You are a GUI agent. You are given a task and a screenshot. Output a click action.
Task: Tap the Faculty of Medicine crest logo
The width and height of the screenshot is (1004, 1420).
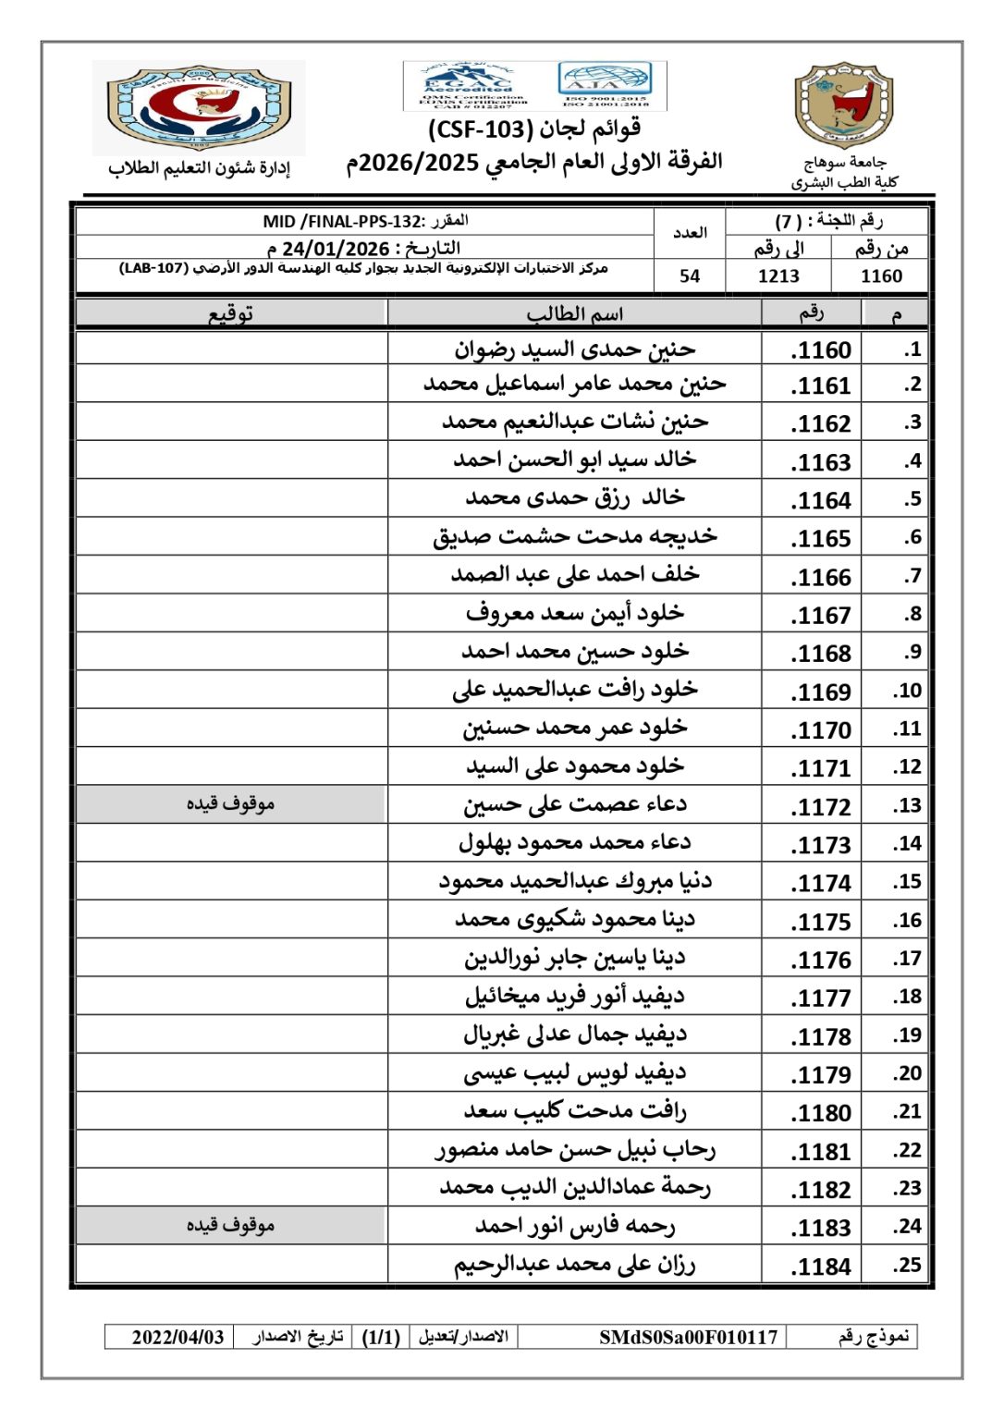[x=199, y=107]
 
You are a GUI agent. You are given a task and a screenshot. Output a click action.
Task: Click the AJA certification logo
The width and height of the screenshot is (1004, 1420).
[x=606, y=85]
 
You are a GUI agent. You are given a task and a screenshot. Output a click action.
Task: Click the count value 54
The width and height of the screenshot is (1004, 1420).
[x=690, y=276]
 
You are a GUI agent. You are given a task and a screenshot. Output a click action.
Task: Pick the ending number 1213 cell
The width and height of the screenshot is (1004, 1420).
[x=778, y=276]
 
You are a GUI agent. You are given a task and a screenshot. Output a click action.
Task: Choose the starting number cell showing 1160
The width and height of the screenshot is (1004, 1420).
[x=881, y=276]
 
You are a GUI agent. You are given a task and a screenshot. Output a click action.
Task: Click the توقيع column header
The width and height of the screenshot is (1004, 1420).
[x=230, y=314]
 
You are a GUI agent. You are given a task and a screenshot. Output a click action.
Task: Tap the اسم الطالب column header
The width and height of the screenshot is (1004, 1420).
[x=574, y=314]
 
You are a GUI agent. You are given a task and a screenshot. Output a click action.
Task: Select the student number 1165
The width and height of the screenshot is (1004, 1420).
[x=821, y=539]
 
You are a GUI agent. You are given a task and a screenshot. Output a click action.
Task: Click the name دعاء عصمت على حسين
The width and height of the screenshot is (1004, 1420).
[x=574, y=805]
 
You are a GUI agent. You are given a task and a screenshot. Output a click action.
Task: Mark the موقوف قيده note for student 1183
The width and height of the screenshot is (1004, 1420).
[x=230, y=1226]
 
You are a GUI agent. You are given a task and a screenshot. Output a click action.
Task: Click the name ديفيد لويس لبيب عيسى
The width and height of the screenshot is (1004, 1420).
[x=574, y=1073]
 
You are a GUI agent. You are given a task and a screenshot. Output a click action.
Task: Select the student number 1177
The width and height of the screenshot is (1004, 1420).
[x=821, y=998]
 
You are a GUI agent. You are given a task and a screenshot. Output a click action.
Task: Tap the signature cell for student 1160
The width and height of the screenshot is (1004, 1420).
[x=230, y=349]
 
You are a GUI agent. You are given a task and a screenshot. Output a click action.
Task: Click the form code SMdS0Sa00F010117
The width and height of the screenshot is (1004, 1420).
[x=688, y=1337]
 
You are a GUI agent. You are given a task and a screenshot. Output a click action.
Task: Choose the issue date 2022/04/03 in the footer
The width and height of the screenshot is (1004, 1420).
[x=178, y=1337]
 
